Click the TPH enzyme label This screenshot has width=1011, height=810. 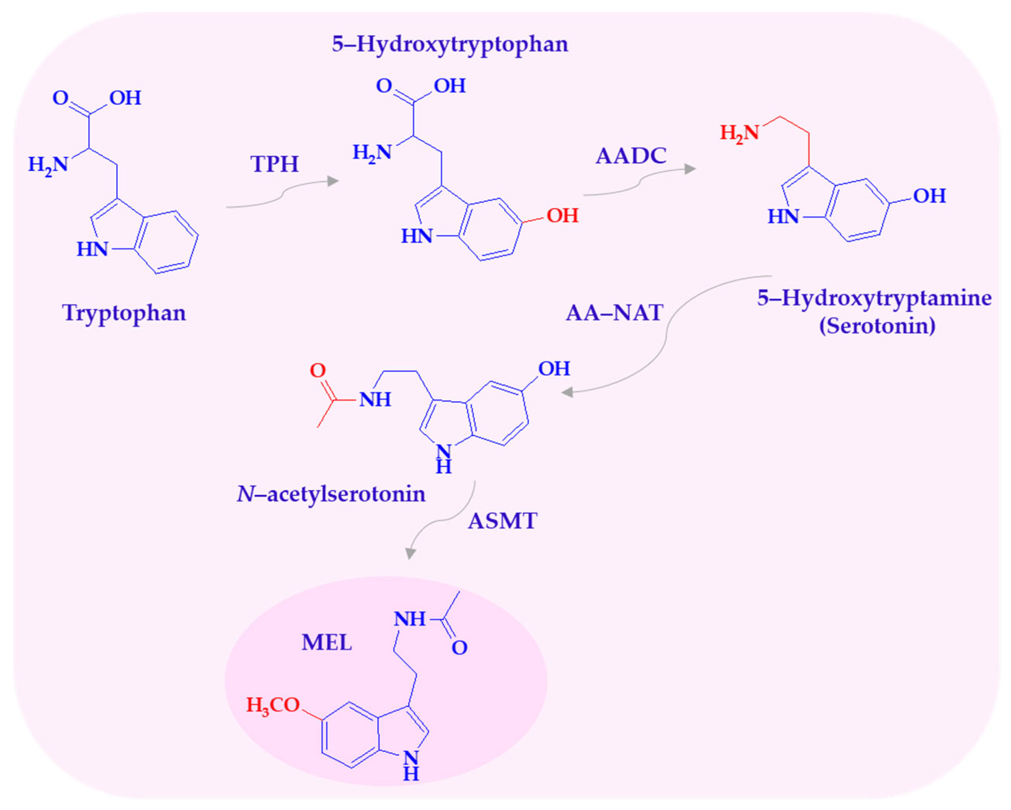[274, 164]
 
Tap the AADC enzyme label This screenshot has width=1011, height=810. [631, 156]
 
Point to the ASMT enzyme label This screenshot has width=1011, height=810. [502, 521]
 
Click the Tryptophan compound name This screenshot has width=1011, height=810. [124, 313]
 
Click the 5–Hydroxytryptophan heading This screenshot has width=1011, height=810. [450, 44]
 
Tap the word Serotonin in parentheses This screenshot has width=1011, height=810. [877, 325]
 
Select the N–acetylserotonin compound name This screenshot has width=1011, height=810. [331, 494]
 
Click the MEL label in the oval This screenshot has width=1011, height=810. [326, 642]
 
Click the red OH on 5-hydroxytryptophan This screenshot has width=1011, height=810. [562, 216]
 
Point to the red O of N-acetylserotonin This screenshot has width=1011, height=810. [318, 371]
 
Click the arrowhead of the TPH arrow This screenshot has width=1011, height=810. [333, 181]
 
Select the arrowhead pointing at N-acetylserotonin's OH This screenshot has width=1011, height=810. [567, 392]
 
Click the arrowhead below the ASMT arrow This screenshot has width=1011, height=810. [411, 554]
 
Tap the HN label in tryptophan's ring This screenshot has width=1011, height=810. [93, 249]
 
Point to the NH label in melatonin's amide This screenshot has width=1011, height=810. [409, 619]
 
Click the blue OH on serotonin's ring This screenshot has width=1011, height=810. [929, 196]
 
